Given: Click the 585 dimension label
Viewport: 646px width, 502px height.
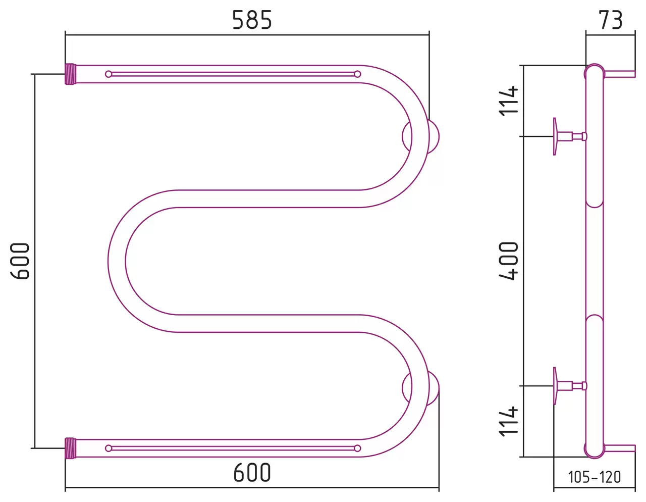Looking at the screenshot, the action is [252, 20].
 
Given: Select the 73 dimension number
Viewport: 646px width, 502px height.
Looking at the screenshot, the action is [611, 20].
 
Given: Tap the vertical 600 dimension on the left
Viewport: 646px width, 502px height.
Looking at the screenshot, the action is [20, 261].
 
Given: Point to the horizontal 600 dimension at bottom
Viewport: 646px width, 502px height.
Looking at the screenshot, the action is [252, 473].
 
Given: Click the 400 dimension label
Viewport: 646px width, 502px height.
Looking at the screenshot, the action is [508, 261].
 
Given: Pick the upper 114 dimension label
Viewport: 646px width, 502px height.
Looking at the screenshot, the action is [508, 101].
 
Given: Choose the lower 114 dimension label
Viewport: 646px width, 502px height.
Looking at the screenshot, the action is [508, 421].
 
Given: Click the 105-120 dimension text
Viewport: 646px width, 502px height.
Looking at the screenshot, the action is [595, 477].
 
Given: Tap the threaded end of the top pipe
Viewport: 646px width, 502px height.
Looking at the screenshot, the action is [71, 74].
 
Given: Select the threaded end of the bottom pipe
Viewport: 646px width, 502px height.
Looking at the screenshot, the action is [71, 448].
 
